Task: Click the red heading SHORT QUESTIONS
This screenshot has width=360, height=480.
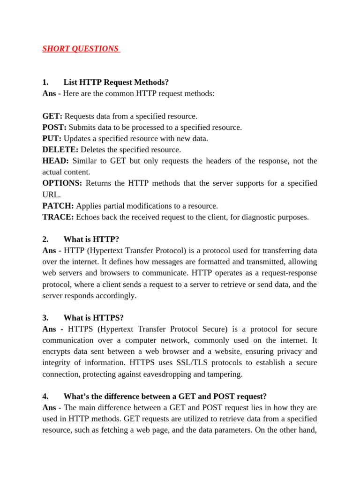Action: pos(81,49)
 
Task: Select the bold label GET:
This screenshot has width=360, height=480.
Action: pos(52,116)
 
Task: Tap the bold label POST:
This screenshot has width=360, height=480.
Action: pos(54,127)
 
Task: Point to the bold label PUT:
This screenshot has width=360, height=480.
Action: pos(52,138)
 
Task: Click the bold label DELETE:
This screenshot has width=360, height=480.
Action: pos(60,150)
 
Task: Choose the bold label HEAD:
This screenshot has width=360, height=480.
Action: pos(55,161)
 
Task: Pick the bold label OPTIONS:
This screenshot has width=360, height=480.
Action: pos(62,183)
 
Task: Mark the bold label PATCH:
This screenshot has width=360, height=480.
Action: pos(58,206)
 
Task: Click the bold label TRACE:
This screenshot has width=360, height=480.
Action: pos(58,217)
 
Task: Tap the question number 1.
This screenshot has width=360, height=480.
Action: pos(45,82)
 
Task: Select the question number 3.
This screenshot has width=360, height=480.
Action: pos(45,317)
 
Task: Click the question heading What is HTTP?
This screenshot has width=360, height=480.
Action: pos(95,239)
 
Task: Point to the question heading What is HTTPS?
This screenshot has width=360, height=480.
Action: pos(97,317)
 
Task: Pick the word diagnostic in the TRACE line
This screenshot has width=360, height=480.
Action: pos(262,217)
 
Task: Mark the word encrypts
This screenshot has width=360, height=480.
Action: pos(57,351)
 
